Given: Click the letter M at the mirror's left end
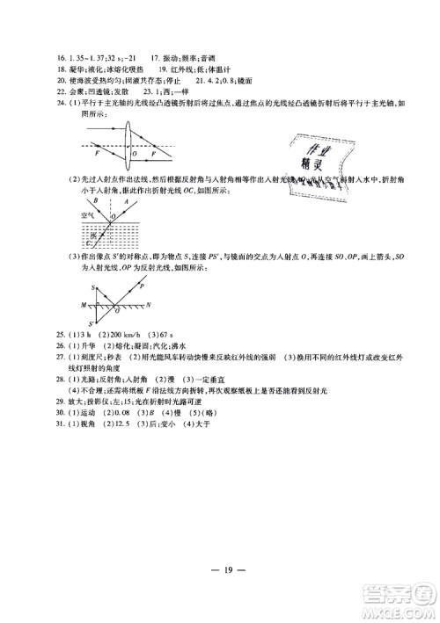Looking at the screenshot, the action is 82,305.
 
